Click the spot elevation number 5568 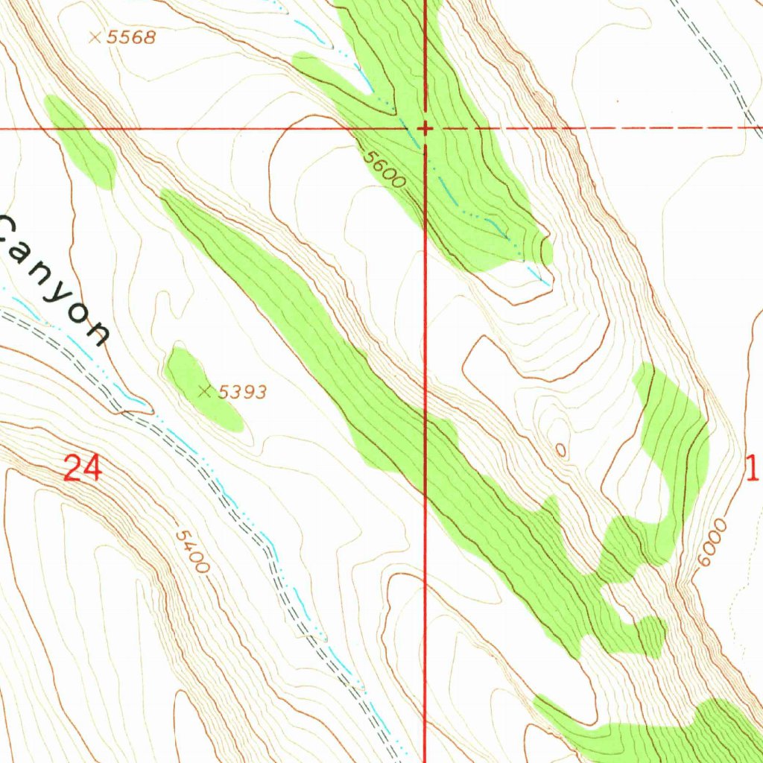[x=131, y=37]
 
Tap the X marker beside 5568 [x=95, y=37]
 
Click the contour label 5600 [x=384, y=170]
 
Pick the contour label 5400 [x=191, y=551]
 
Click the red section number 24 [x=82, y=469]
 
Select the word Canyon [x=52, y=279]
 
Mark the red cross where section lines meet [x=425, y=128]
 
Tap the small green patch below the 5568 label [x=80, y=142]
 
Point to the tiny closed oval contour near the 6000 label [x=560, y=449]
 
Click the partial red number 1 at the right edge [x=753, y=468]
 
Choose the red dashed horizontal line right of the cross [x=596, y=128]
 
